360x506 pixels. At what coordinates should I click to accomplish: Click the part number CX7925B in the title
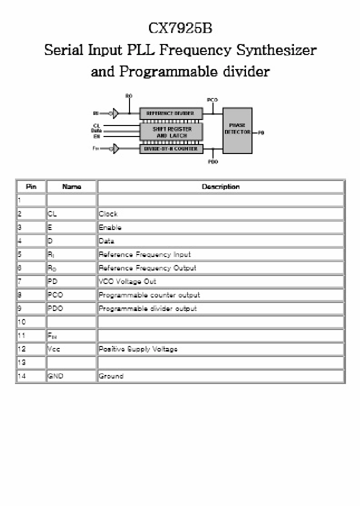coord(180,29)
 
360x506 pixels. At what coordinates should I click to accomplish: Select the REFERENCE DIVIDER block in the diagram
coord(170,113)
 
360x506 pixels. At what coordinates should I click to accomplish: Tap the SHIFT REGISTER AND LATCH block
coord(171,132)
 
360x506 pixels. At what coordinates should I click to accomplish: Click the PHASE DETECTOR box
coord(237,129)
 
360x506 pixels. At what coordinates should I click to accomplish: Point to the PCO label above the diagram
coord(212,100)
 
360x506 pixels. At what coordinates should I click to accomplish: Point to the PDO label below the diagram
coord(212,162)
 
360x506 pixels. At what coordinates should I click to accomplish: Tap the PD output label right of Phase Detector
coord(261,133)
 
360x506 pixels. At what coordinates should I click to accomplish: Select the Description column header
coord(220,187)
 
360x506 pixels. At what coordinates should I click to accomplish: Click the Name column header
coord(71,187)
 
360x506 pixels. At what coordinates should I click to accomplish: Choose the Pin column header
coord(31,187)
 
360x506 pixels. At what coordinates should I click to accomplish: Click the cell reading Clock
coord(108,214)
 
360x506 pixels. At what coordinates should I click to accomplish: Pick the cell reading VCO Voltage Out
coord(127,281)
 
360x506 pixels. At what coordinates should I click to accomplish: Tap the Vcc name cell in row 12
coord(53,349)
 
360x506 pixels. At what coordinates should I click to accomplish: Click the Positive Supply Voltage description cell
coord(138,349)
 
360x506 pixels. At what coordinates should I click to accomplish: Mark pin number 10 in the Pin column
coord(21,322)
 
